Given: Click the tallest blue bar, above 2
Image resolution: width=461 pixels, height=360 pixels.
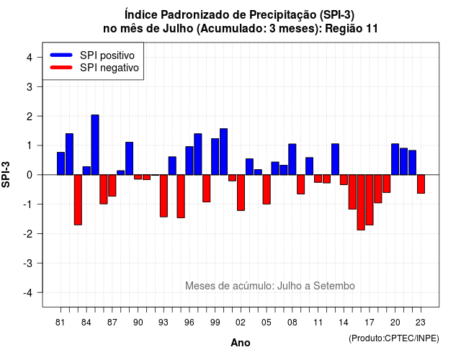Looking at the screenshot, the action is coord(95,145).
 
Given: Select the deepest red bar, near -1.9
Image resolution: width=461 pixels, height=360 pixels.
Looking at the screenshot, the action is coord(361,202).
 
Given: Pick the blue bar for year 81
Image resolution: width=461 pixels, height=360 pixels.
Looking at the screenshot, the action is coord(61,163).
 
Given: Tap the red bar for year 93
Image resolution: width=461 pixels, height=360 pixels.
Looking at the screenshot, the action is coord(164,196).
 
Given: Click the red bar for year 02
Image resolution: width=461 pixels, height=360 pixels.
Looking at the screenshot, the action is coord(241,192).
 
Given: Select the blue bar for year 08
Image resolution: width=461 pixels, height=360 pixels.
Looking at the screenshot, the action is coord(292,159).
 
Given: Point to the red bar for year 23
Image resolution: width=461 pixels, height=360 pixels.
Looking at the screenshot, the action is coord(421,184).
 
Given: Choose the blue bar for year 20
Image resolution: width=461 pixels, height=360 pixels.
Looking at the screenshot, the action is coord(395,159).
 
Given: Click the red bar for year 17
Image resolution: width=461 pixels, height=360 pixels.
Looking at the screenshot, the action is coord(370,200).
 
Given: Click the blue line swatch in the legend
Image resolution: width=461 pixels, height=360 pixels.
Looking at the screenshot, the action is coord(61,55).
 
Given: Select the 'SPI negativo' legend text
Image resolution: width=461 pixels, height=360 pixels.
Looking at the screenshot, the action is coord(109,68).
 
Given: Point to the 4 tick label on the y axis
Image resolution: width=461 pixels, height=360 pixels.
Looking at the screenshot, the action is coord(30,58).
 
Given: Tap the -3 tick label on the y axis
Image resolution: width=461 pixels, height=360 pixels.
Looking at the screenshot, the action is coord(28,263).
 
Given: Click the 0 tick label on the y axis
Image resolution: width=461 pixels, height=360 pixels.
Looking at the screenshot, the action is coord(30,175).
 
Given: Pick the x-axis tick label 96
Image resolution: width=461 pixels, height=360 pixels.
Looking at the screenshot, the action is coord(189,323).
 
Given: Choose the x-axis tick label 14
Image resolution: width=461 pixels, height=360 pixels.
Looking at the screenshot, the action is coord(344,323).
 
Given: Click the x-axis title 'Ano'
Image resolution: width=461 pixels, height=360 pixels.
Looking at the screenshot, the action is coord(241,343).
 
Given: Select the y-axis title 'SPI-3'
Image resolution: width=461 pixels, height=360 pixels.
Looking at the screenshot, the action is coord(6,174).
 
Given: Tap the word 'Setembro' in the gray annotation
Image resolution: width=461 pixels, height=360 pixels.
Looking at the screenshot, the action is coord(334,286).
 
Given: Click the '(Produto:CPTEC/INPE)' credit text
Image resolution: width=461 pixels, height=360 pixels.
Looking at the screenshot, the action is coord(394,338).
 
